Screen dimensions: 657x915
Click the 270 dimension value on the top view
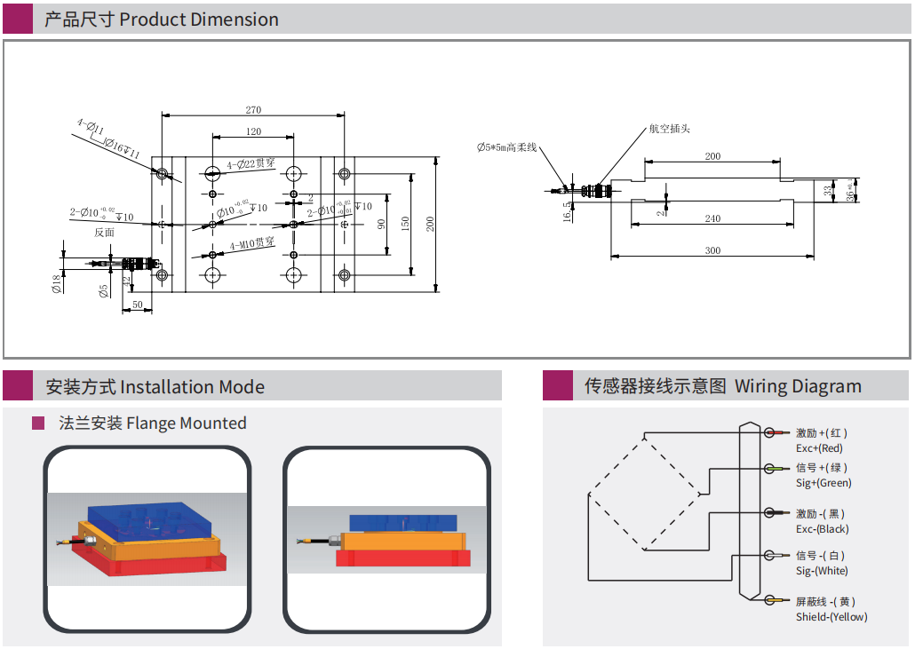[253, 110]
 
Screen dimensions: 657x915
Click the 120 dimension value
[253, 131]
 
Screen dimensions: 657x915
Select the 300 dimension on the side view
[712, 250]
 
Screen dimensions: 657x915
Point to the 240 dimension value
[712, 218]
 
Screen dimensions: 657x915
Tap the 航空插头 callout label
[669, 129]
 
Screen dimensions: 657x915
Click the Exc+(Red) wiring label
[819, 448]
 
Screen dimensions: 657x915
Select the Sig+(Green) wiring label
[823, 483]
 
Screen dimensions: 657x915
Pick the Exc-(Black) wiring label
[822, 529]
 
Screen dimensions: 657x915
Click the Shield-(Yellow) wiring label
[831, 617]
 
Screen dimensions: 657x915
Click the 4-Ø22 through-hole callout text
[251, 164]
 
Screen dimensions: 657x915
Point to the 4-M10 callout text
[252, 243]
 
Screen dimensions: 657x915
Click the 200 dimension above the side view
[712, 156]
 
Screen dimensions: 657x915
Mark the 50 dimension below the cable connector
[138, 305]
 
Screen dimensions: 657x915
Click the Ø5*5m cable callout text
[507, 147]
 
